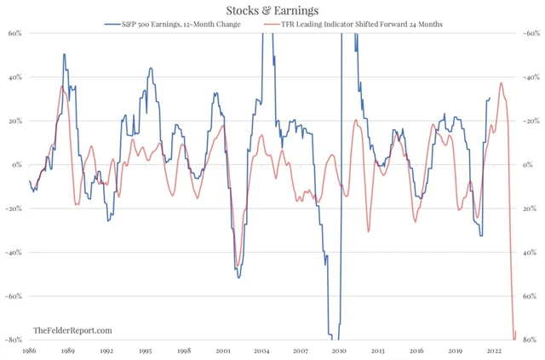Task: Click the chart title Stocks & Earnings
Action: [272, 10]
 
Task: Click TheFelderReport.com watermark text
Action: [72, 329]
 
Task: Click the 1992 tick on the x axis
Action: [106, 350]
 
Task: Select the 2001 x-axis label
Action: [222, 350]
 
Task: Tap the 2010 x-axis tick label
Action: [338, 350]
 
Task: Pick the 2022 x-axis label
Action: [493, 350]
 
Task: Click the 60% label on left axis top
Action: [15, 33]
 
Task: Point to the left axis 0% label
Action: [17, 164]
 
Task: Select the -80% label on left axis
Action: [14, 340]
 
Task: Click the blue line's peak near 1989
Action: [64, 54]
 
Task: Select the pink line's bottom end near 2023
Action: [513, 339]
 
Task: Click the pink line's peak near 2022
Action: [501, 83]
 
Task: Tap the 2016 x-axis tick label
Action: [416, 350]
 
